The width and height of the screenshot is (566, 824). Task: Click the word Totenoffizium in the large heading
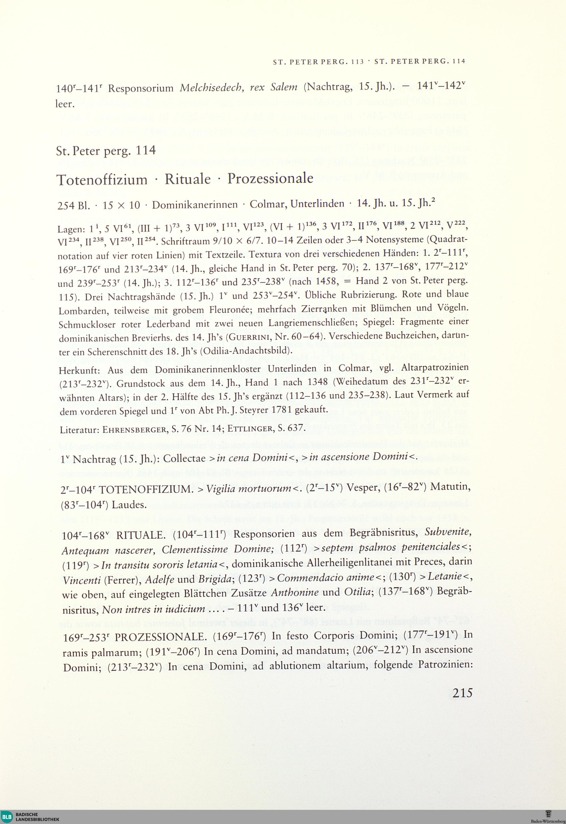tap(102, 180)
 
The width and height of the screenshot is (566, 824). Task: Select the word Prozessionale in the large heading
tap(270, 178)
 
